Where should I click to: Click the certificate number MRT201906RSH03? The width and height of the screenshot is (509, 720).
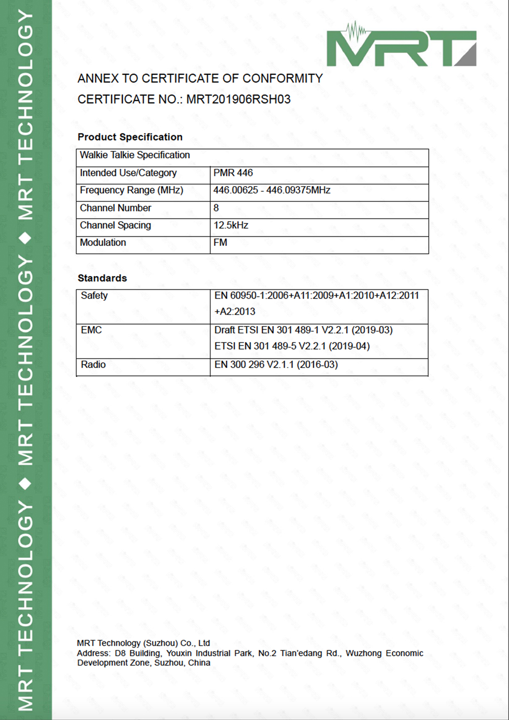tap(238, 99)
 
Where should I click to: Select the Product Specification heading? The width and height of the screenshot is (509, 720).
tap(130, 137)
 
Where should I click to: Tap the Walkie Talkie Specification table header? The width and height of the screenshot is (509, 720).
tap(135, 155)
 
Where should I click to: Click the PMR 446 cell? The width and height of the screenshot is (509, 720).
tap(233, 173)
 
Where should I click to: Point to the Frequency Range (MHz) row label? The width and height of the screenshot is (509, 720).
tap(131, 190)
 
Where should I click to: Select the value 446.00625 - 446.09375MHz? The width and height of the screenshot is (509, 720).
tap(272, 190)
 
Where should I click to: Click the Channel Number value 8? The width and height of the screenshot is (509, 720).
tap(216, 208)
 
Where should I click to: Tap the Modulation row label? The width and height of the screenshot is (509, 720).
tap(103, 243)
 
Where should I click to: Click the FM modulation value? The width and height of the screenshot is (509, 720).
tap(220, 243)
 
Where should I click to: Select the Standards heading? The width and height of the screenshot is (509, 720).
tap(102, 278)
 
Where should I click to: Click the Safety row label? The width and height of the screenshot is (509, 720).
tap(94, 296)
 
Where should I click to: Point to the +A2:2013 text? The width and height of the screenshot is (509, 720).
tap(235, 312)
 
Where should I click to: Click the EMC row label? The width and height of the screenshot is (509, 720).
tap(91, 330)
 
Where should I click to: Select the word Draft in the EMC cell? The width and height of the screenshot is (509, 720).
tap(225, 330)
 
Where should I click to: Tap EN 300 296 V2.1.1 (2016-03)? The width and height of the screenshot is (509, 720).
tap(276, 365)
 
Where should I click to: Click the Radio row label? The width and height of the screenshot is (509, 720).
tap(93, 365)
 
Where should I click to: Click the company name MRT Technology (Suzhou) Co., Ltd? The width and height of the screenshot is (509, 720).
tap(143, 643)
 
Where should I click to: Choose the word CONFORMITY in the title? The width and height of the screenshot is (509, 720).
tap(282, 78)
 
